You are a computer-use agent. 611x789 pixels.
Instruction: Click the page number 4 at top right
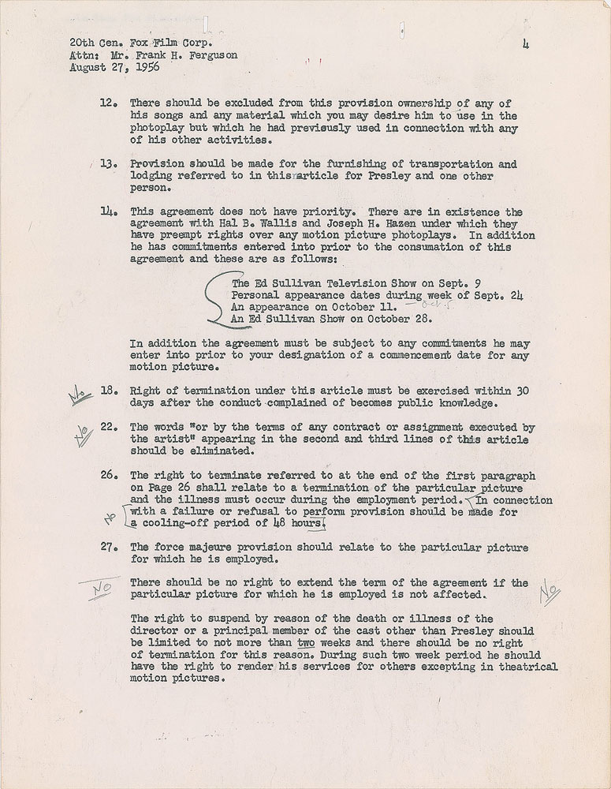[x=524, y=46]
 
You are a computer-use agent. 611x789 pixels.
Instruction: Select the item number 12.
[x=110, y=103]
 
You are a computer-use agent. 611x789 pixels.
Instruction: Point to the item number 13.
[x=110, y=165]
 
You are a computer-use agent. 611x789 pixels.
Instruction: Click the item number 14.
[x=110, y=213]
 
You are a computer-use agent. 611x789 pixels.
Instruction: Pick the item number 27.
[x=110, y=548]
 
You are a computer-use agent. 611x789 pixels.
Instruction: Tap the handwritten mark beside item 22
[x=81, y=432]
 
